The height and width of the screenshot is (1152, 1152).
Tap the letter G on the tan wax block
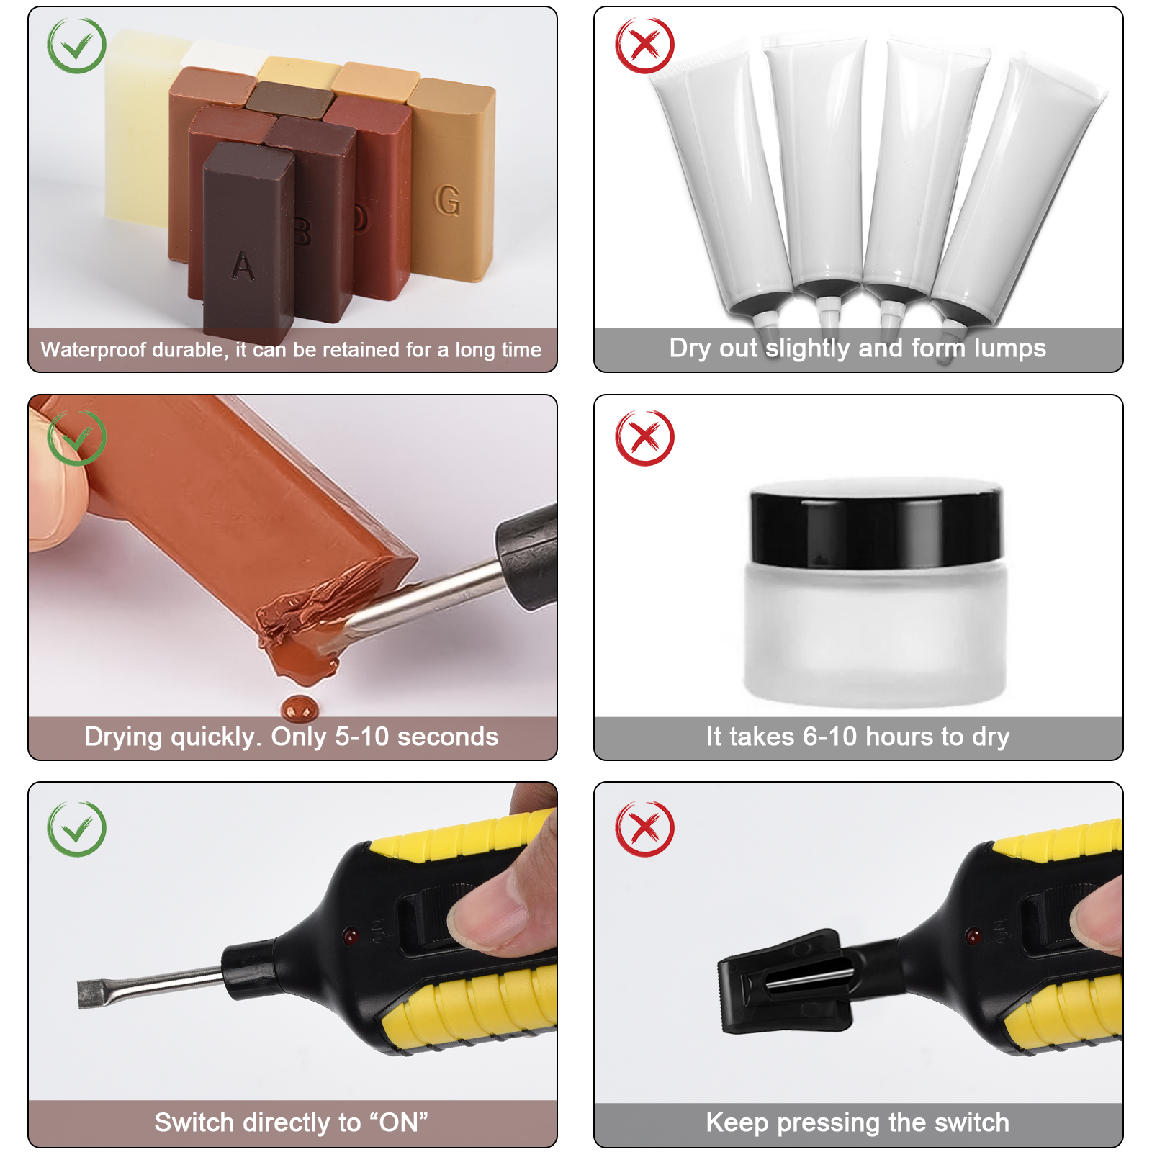(447, 200)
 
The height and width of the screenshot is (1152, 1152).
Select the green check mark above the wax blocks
(76, 45)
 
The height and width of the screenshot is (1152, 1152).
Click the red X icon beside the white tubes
(644, 45)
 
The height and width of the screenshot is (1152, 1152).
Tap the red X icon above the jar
(644, 437)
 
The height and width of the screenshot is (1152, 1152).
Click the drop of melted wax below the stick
(298, 708)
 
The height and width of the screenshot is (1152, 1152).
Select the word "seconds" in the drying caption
(448, 737)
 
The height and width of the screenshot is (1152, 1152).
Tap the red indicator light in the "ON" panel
(351, 937)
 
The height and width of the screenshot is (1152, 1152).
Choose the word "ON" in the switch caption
(399, 1122)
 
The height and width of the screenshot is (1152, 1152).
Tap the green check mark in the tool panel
(76, 828)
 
